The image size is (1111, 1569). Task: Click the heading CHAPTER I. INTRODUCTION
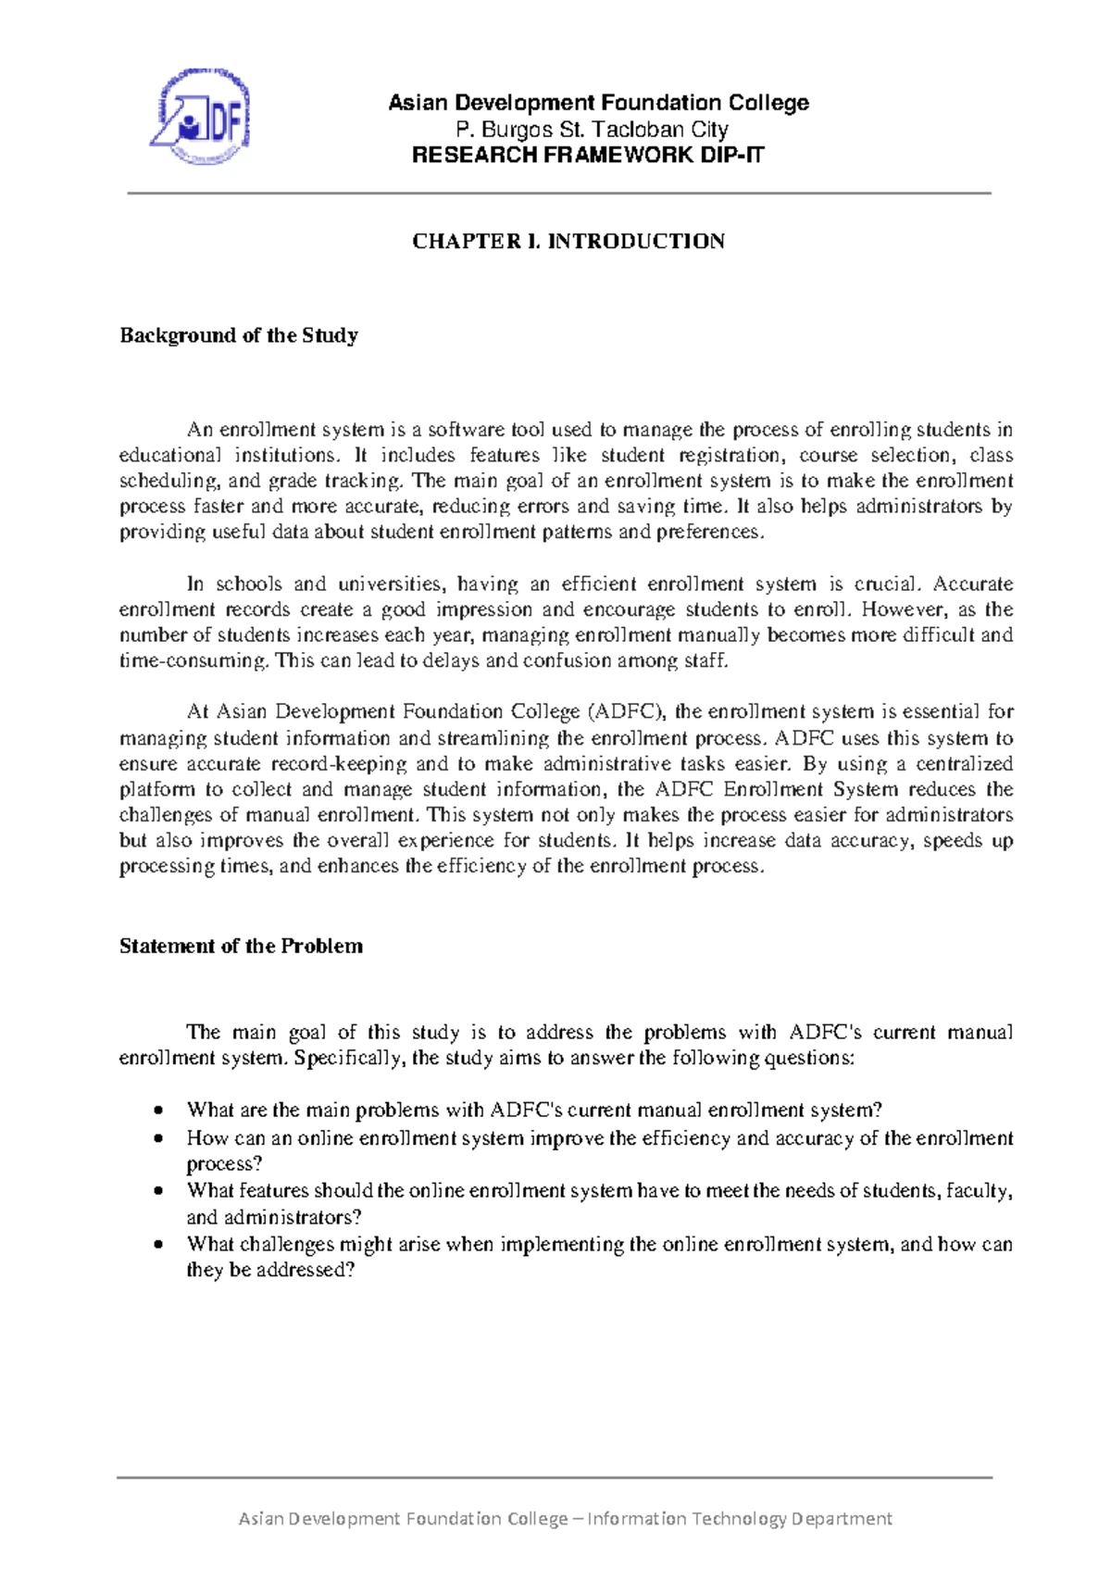[568, 242]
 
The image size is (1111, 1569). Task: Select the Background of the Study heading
[239, 335]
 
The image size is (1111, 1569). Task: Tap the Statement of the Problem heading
[241, 946]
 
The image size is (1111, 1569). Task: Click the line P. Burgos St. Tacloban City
[593, 129]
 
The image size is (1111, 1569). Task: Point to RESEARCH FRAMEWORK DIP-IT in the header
[588, 155]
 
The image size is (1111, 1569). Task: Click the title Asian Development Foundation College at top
[598, 103]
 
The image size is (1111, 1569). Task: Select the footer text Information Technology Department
[740, 1518]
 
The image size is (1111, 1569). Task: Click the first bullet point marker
[161, 1111]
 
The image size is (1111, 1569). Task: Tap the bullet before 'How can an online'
[161, 1138]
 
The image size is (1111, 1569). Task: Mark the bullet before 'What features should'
[161, 1191]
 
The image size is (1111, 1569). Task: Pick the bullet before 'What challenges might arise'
[161, 1245]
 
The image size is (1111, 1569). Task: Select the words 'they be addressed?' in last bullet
[270, 1270]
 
